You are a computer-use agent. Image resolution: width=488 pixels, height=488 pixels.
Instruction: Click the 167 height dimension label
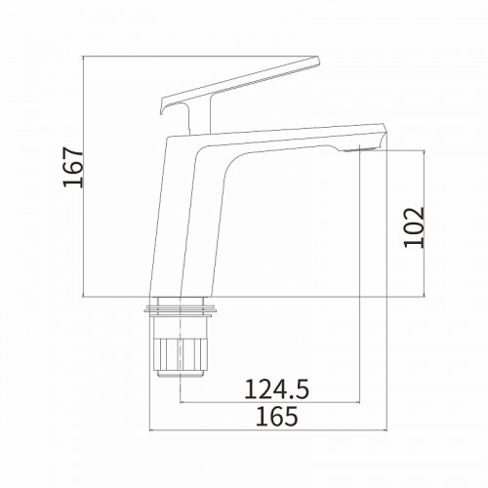(x=73, y=167)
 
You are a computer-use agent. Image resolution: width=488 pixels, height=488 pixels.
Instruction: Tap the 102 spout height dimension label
(x=414, y=227)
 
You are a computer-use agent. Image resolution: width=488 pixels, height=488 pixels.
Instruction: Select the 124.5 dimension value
(x=276, y=389)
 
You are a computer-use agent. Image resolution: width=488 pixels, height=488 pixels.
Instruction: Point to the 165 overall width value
(x=277, y=416)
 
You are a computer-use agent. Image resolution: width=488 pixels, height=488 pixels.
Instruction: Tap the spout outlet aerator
(x=358, y=149)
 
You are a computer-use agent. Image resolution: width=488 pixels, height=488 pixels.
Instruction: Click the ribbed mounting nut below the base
(x=180, y=354)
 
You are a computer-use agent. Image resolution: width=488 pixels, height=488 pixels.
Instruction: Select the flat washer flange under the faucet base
(x=181, y=310)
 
